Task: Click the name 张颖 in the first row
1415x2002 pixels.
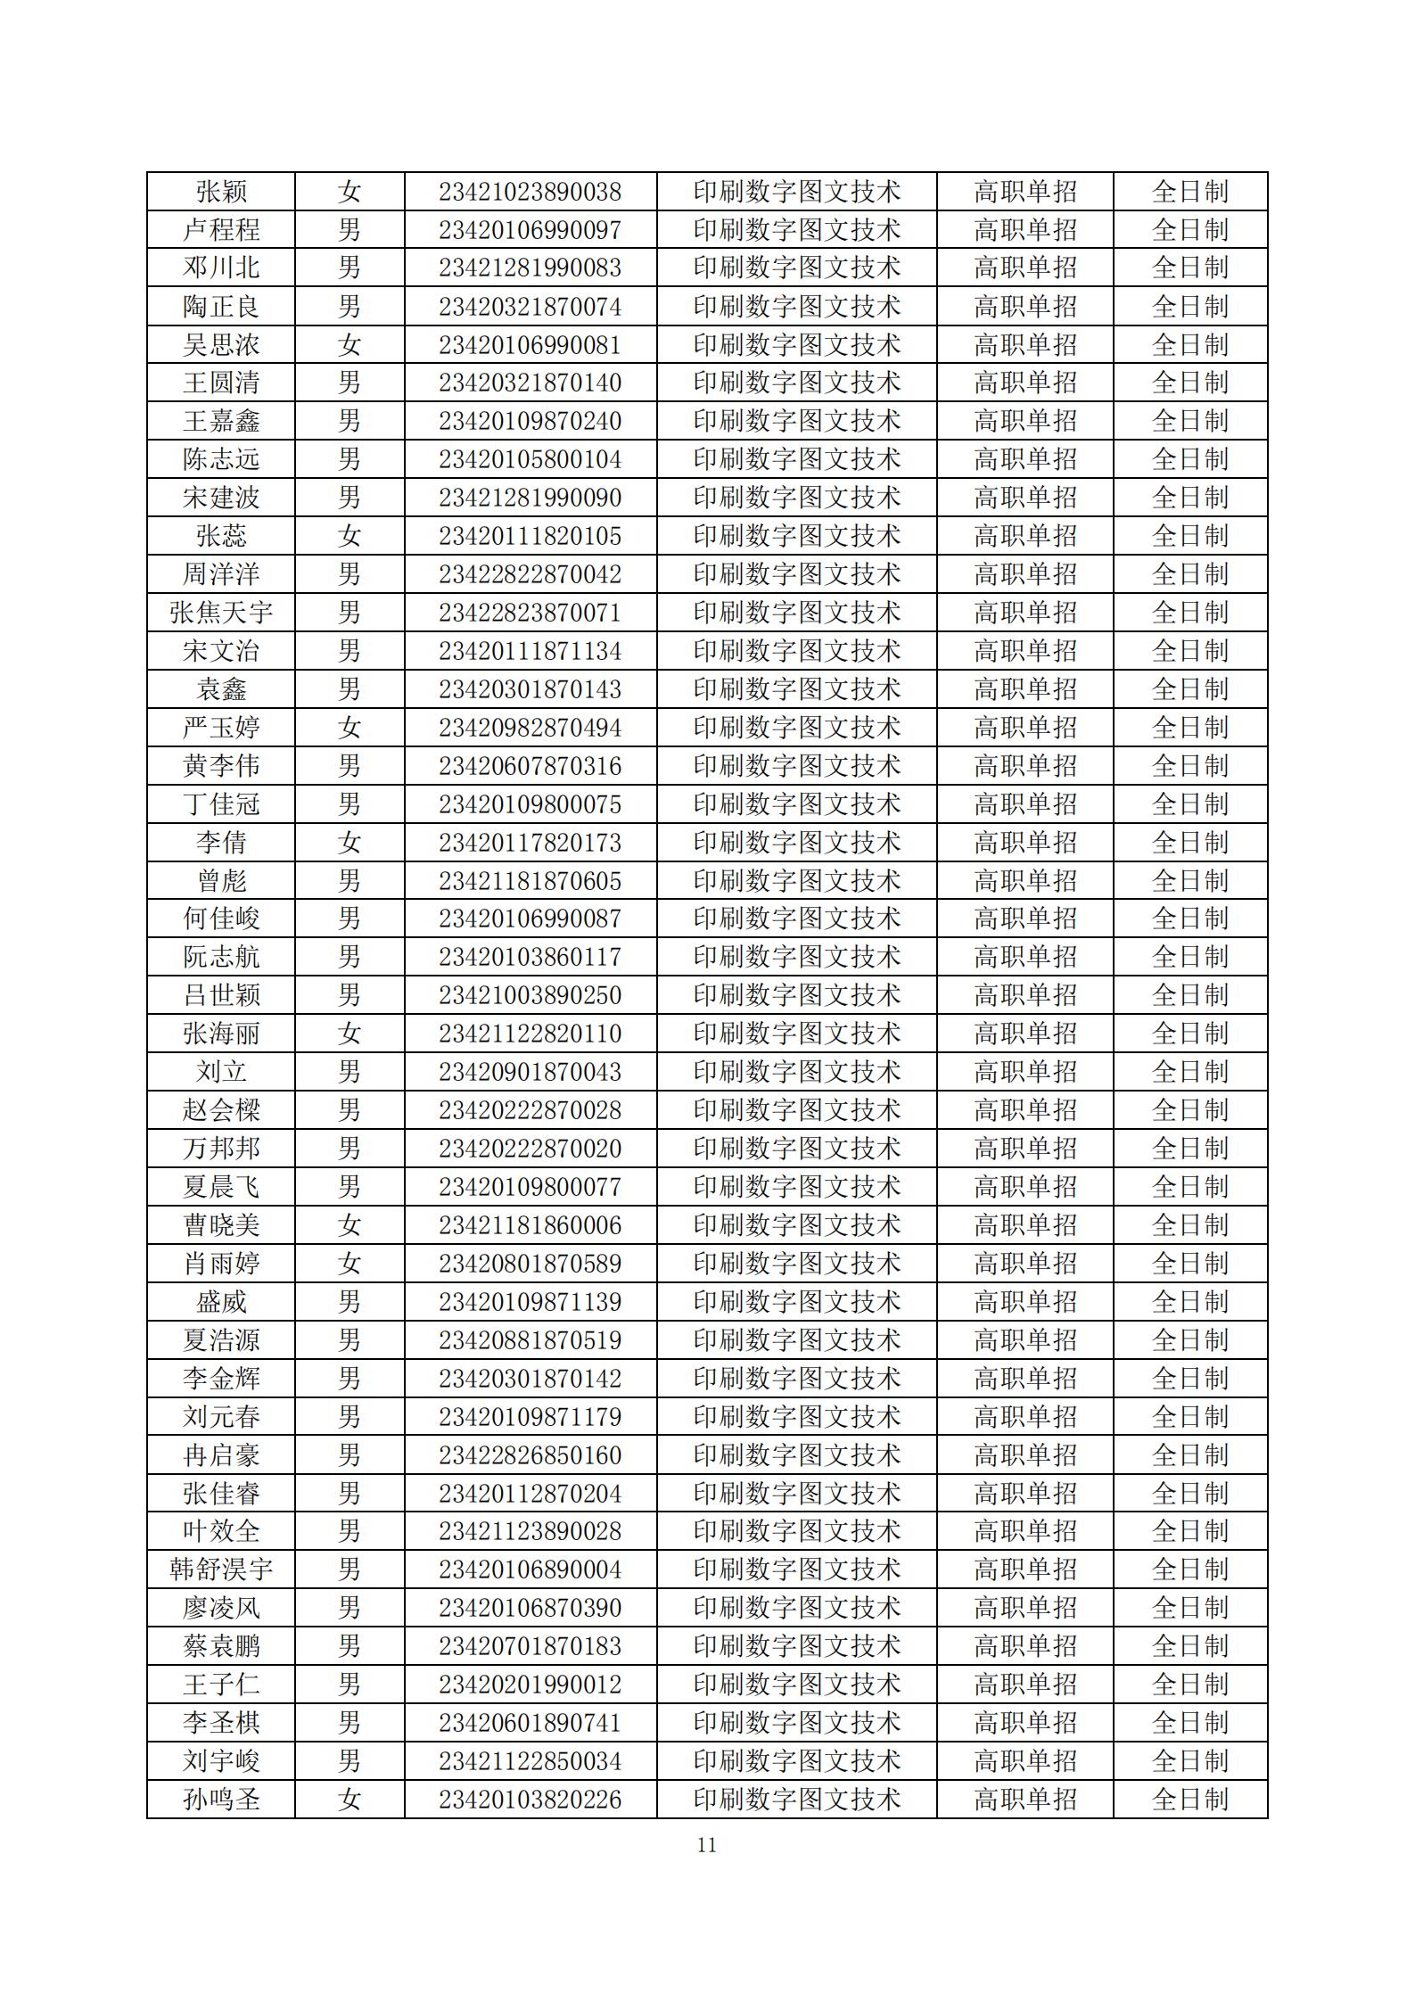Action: [x=221, y=192]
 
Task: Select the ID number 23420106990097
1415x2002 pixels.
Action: [x=530, y=230]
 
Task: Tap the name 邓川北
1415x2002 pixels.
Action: [x=221, y=268]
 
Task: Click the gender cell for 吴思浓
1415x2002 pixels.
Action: [x=350, y=345]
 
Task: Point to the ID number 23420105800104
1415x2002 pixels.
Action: [x=530, y=459]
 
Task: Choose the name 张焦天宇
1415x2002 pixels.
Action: [x=221, y=613]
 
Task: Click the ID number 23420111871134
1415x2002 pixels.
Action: [x=530, y=651]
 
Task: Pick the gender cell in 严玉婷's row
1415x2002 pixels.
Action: [x=350, y=728]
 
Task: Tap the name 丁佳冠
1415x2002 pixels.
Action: [x=221, y=804]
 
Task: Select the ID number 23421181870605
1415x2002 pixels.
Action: [x=530, y=881]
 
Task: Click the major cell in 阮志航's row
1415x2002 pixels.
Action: [x=796, y=957]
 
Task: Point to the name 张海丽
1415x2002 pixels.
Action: [x=221, y=1034]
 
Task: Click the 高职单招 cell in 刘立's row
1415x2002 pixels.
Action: [x=1024, y=1072]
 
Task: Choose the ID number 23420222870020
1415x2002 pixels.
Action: [x=530, y=1149]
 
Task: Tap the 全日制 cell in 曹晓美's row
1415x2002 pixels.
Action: [x=1189, y=1225]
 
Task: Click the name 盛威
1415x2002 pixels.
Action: [x=221, y=1302]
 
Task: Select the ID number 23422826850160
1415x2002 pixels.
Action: [x=530, y=1455]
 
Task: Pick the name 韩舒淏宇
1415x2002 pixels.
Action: [x=221, y=1569]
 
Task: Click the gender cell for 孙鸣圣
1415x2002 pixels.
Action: [x=350, y=1800]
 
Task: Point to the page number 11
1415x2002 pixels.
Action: [x=707, y=1845]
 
